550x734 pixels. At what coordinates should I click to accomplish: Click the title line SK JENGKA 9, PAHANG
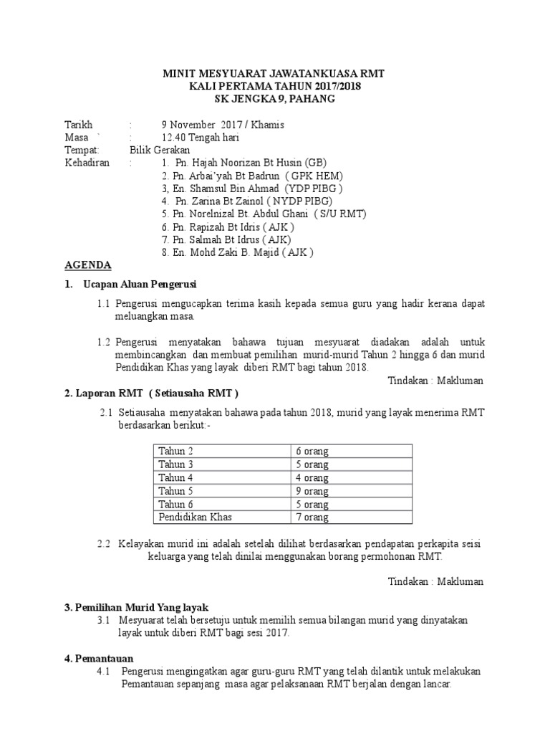pyautogui.click(x=275, y=99)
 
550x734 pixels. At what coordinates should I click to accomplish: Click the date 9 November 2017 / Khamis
pyautogui.click(x=213, y=125)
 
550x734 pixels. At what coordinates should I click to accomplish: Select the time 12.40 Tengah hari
pyautogui.click(x=201, y=138)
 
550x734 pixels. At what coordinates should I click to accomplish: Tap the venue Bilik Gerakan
pyautogui.click(x=160, y=151)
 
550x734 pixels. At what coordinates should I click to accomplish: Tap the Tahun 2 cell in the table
pyautogui.click(x=176, y=452)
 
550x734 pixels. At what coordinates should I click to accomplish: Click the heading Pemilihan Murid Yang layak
pyautogui.click(x=140, y=606)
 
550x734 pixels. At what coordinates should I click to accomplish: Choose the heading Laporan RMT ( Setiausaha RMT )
pyautogui.click(x=151, y=394)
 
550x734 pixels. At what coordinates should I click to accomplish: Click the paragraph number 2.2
pyautogui.click(x=105, y=543)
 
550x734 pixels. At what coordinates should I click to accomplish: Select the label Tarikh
pyautogui.click(x=79, y=125)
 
